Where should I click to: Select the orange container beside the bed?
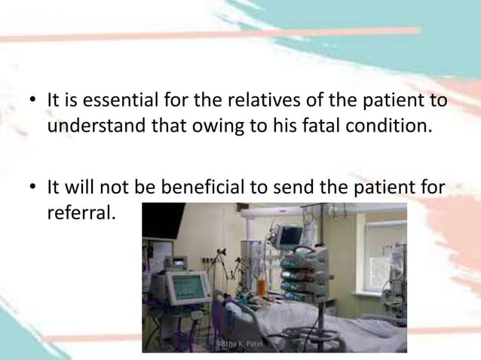pos(262,287)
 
